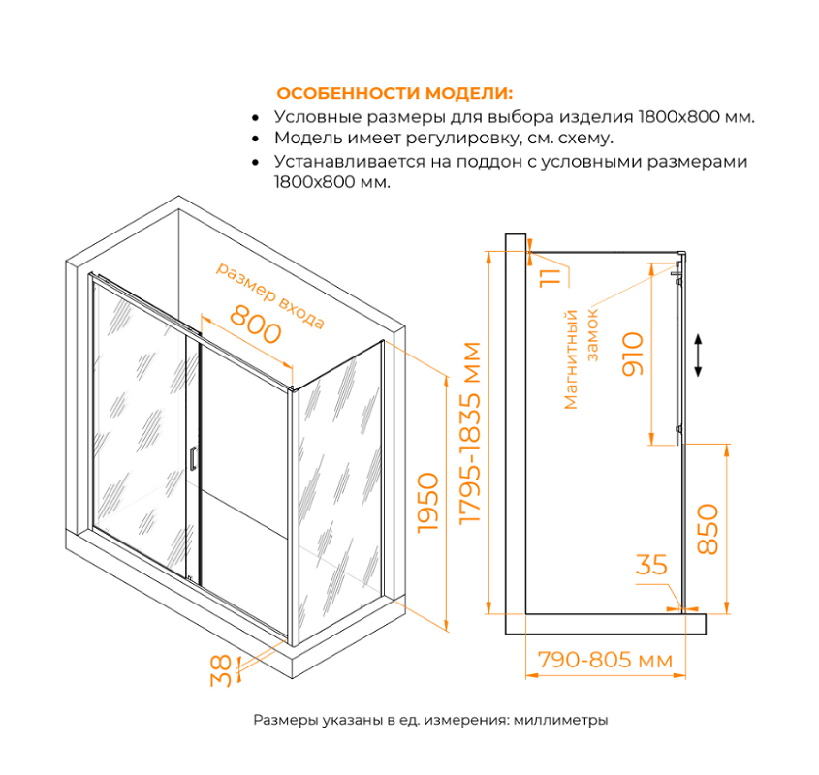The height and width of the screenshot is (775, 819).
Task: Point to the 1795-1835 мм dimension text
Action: [471, 433]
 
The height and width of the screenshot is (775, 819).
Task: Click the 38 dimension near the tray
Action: [221, 670]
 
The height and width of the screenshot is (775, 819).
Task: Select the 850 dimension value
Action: [709, 528]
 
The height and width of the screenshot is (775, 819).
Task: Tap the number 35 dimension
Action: [652, 565]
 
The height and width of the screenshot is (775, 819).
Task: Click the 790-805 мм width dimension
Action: [605, 661]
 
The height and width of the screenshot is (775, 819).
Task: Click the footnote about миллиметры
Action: [430, 721]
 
